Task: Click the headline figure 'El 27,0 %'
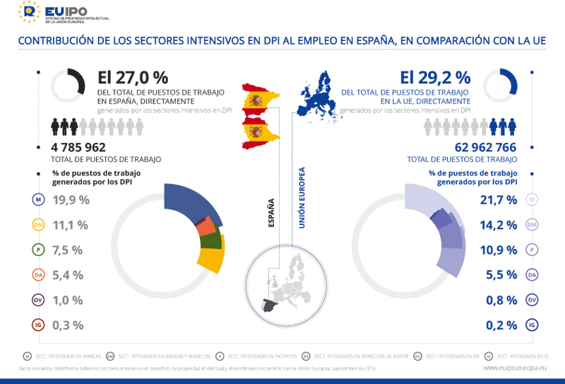tap(132, 77)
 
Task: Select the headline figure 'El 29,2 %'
tap(434, 77)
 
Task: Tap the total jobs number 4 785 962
tap(78, 147)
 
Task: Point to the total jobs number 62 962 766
tap(485, 147)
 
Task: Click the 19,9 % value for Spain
tap(71, 200)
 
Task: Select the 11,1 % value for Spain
tap(71, 225)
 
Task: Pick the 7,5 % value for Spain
tap(68, 250)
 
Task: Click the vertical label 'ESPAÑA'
tap(271, 211)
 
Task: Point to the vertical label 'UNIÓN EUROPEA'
tap(302, 197)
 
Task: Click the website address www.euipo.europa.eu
tap(514, 368)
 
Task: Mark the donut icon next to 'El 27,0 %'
tap(69, 86)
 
